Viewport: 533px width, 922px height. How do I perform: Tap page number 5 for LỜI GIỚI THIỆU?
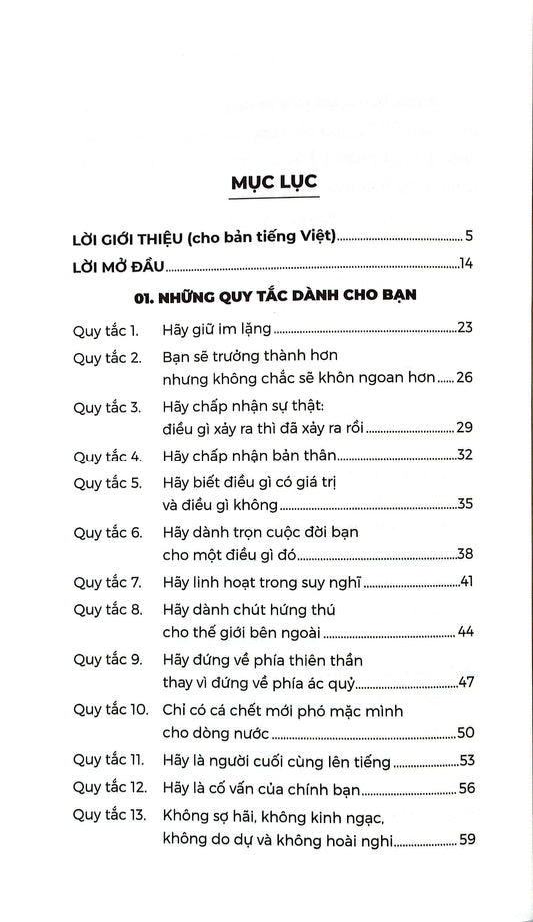coord(468,237)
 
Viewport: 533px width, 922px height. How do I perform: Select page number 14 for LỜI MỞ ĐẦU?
coord(465,265)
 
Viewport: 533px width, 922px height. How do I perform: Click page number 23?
coord(465,328)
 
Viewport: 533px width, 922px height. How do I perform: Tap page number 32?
coord(465,456)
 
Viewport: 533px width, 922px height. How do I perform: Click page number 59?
coord(465,840)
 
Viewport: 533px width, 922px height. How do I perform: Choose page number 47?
coord(465,685)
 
